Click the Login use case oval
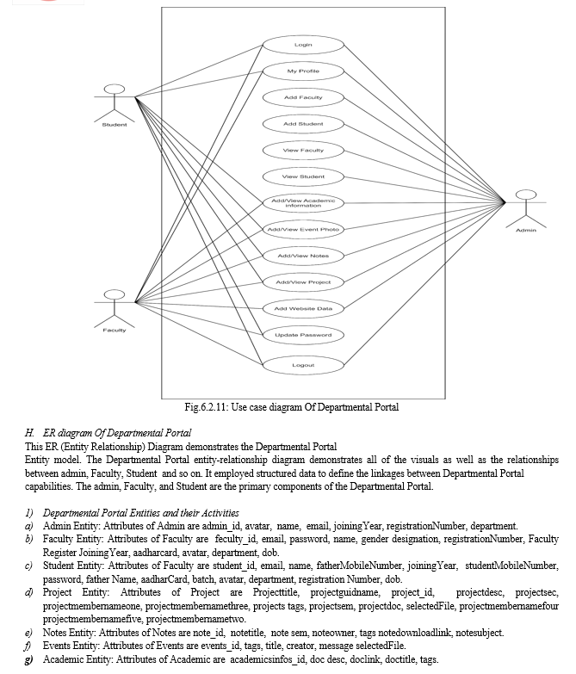click(x=302, y=44)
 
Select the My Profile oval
click(x=302, y=71)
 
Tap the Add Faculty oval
click(x=302, y=97)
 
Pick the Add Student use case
click(x=302, y=124)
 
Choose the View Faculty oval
click(x=302, y=151)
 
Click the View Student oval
click(x=302, y=177)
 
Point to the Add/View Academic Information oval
click(x=302, y=203)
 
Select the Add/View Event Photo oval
click(x=302, y=230)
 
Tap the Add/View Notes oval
click(x=302, y=256)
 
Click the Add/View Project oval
click(x=302, y=282)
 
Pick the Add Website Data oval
click(x=302, y=308)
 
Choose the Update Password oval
click(x=302, y=335)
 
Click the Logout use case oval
click(x=302, y=365)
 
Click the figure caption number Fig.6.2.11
click(x=209, y=407)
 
